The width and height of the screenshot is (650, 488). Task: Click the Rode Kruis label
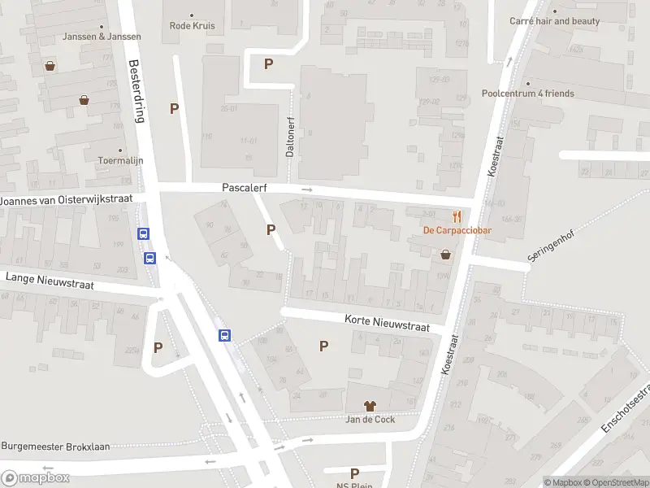tap(191, 24)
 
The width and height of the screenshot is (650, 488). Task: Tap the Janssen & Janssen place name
tap(102, 37)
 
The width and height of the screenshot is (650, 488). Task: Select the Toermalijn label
tap(120, 160)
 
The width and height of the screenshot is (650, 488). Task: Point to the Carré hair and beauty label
tap(555, 21)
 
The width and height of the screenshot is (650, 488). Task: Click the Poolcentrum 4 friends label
tap(527, 94)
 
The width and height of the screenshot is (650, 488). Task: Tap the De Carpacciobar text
tap(458, 230)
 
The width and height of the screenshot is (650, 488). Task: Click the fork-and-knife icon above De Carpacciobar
tap(458, 216)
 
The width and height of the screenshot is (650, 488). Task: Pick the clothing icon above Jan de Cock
tap(370, 405)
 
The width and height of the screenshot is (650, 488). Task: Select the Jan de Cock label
tap(370, 419)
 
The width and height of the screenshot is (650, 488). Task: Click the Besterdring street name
tap(136, 89)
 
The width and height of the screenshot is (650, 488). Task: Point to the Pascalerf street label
tap(245, 187)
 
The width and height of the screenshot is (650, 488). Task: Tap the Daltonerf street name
tap(289, 134)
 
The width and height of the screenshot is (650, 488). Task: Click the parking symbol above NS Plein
tap(354, 473)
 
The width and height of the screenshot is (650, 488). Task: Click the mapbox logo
tap(36, 477)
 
